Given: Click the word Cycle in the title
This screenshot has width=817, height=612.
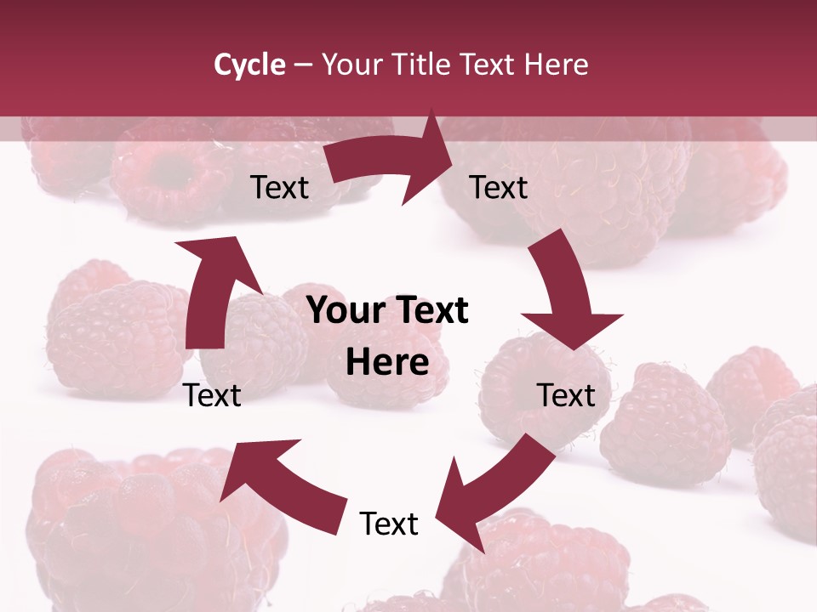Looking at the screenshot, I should pos(249,65).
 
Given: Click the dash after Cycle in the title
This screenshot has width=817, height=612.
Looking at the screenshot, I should pos(303,65).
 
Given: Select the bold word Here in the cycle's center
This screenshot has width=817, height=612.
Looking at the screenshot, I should pos(387,363).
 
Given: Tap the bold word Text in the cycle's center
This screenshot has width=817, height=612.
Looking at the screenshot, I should pos(430,310).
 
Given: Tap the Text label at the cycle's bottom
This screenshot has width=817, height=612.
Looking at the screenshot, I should pos(389,524).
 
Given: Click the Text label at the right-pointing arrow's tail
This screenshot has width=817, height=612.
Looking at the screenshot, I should pos(280,187).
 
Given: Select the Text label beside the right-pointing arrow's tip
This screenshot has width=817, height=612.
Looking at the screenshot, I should pos(499,187).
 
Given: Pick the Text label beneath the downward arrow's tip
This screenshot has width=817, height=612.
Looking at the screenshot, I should pos(566,395).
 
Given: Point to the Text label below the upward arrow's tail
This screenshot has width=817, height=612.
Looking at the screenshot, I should pos(213,395).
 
